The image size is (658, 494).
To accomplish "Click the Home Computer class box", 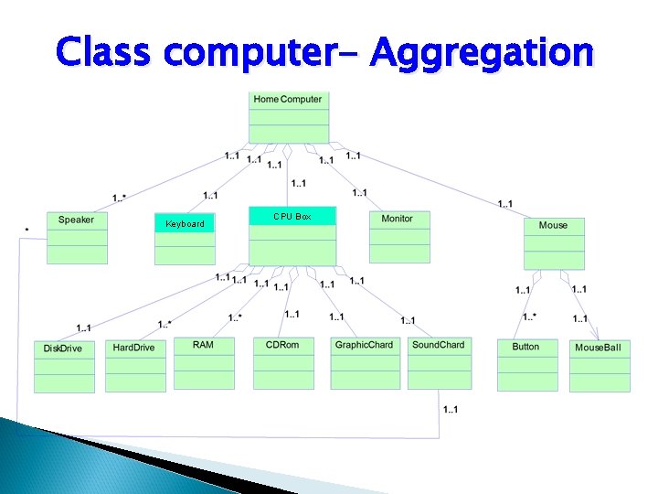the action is (288, 115).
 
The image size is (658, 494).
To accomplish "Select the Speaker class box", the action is (77, 237).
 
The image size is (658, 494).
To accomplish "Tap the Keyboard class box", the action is (185, 239).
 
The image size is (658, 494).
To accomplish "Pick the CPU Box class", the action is (292, 235).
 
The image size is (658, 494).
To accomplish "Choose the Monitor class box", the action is (399, 237).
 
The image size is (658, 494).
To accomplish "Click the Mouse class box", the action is (553, 242).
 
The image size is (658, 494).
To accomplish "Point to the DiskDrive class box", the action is (64, 366).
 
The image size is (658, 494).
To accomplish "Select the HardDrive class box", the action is (135, 365).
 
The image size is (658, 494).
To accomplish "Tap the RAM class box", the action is (205, 363).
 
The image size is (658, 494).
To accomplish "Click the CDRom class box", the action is (283, 363).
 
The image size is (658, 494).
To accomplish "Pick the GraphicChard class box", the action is (365, 363).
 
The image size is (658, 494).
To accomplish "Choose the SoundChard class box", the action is (440, 363).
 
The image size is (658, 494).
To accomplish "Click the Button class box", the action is (527, 364).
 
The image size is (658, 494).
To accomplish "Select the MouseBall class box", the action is (600, 366).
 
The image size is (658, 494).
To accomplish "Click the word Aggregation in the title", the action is (483, 54).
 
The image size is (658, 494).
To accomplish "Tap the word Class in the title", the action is (103, 54).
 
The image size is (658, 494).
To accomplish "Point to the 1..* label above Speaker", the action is (120, 199).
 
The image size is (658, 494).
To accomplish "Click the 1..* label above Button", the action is (529, 317).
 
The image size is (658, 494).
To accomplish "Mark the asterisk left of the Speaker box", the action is (26, 229).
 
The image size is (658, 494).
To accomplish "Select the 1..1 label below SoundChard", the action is (450, 410).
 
